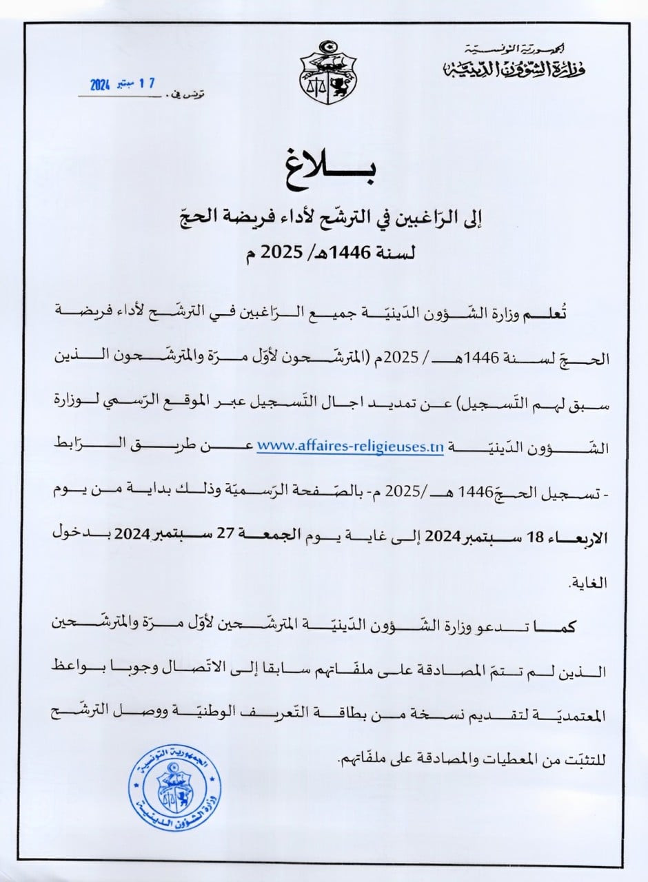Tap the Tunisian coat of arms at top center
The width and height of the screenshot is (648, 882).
pyautogui.click(x=327, y=72)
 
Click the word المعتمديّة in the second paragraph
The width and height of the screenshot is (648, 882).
pyautogui.click(x=576, y=717)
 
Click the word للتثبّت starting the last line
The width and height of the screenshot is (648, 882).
pyautogui.click(x=583, y=761)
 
